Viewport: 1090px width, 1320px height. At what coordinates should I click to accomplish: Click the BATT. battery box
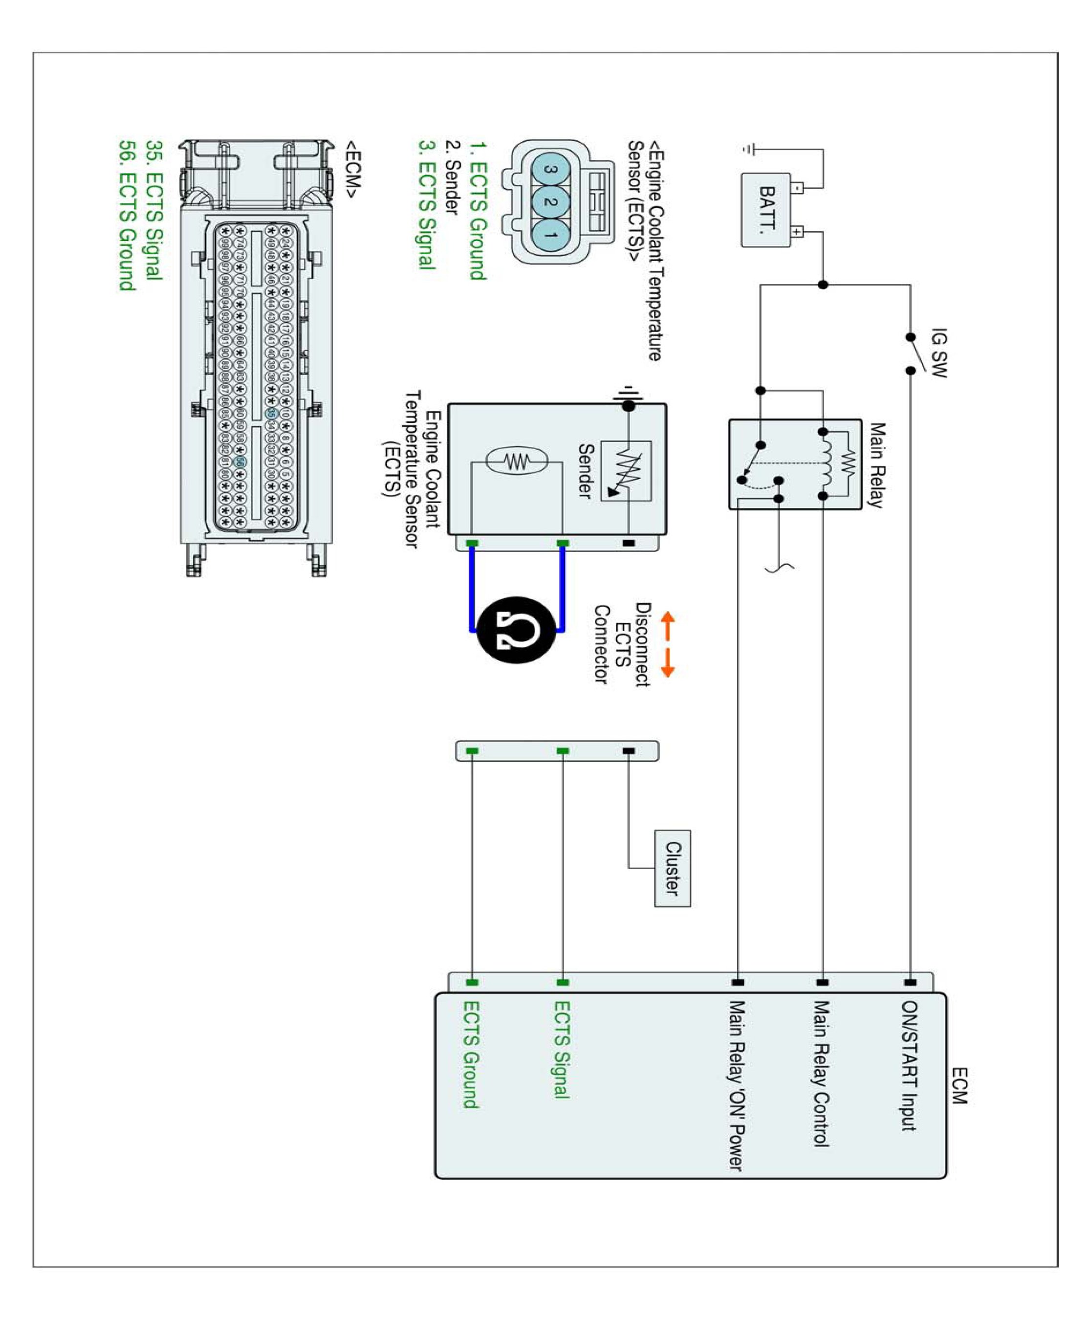coord(765,210)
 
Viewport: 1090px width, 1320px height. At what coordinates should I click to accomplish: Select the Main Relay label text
coord(876,465)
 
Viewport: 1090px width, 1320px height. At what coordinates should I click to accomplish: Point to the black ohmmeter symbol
coord(516,630)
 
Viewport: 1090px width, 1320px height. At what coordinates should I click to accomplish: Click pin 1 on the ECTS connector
coord(551,235)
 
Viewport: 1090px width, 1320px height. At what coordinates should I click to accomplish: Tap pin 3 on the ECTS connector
coord(551,170)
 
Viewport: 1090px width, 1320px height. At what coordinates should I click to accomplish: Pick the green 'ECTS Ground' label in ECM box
coord(471,1055)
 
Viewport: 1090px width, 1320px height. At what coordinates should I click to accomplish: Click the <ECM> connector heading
coord(352,170)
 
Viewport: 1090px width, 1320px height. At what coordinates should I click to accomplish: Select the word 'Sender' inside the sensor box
coord(585,471)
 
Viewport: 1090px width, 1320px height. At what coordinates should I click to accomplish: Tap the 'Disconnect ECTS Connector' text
coord(622,644)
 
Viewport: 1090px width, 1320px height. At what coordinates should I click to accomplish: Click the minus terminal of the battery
coord(797,187)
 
